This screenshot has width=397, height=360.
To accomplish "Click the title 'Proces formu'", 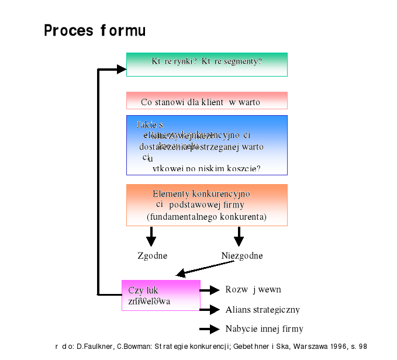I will [95, 30].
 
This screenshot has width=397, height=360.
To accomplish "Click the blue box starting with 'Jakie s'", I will [206, 145].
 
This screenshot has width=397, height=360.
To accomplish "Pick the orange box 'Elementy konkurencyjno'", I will [206, 205].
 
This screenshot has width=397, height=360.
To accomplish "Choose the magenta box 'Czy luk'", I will [161, 295].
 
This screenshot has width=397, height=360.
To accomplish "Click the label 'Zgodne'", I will [152, 256].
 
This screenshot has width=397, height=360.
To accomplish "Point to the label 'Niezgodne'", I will [242, 256].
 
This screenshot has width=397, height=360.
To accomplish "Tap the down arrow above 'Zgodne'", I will [151, 236].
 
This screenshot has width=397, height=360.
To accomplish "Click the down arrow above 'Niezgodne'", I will [238, 236].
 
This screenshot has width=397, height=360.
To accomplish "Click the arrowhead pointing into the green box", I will [121, 70].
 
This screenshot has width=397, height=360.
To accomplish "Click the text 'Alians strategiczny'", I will [263, 310].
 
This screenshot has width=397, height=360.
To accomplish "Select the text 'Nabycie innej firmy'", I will [264, 329].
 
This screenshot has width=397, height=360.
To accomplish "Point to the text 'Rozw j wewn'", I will [253, 290].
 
